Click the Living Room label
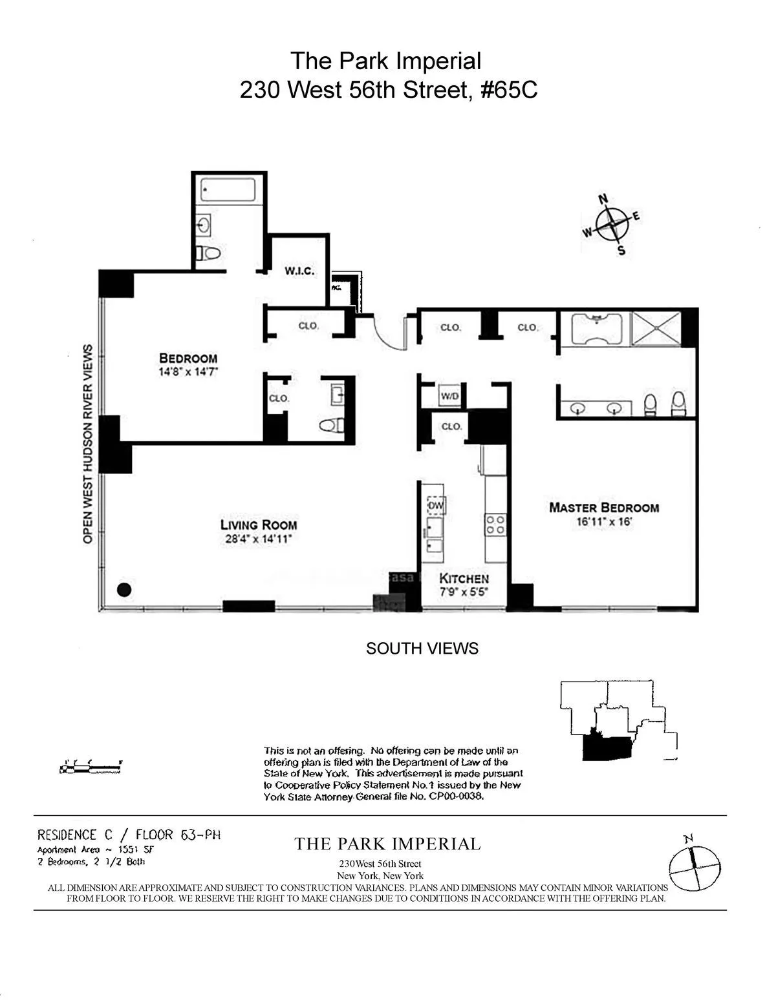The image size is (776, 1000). point(258,525)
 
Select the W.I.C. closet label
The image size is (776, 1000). point(299,271)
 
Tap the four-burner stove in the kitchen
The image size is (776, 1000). point(495,524)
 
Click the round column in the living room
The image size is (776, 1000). point(124,589)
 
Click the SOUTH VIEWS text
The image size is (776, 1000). point(422,649)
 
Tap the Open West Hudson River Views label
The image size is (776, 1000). point(87,443)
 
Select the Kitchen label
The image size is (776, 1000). point(464,579)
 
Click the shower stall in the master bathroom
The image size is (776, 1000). point(656,329)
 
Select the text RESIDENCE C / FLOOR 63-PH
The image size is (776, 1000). point(129,835)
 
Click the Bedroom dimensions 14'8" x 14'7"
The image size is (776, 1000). point(188,372)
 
